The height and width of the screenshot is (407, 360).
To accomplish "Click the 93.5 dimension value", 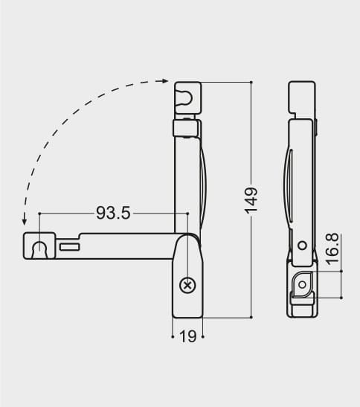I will pos(113,214).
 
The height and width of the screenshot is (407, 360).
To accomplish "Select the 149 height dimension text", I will pos(251,200).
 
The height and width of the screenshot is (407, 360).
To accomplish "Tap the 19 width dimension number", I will pos(187,336).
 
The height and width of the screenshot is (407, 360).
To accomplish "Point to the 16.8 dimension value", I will pos(332,249).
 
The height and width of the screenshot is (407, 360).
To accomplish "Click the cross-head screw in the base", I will pos(187,284).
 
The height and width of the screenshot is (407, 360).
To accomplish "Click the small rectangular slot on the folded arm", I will pos(69,246).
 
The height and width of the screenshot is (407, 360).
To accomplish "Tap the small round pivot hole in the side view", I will pos(301,245).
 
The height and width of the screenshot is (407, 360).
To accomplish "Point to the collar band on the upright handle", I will pos(186,128).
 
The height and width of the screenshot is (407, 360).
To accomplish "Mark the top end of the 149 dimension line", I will pos(251,82).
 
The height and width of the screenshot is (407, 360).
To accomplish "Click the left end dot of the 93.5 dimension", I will pos(39,214).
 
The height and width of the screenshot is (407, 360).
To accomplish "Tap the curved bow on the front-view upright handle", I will pos(203,182).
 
